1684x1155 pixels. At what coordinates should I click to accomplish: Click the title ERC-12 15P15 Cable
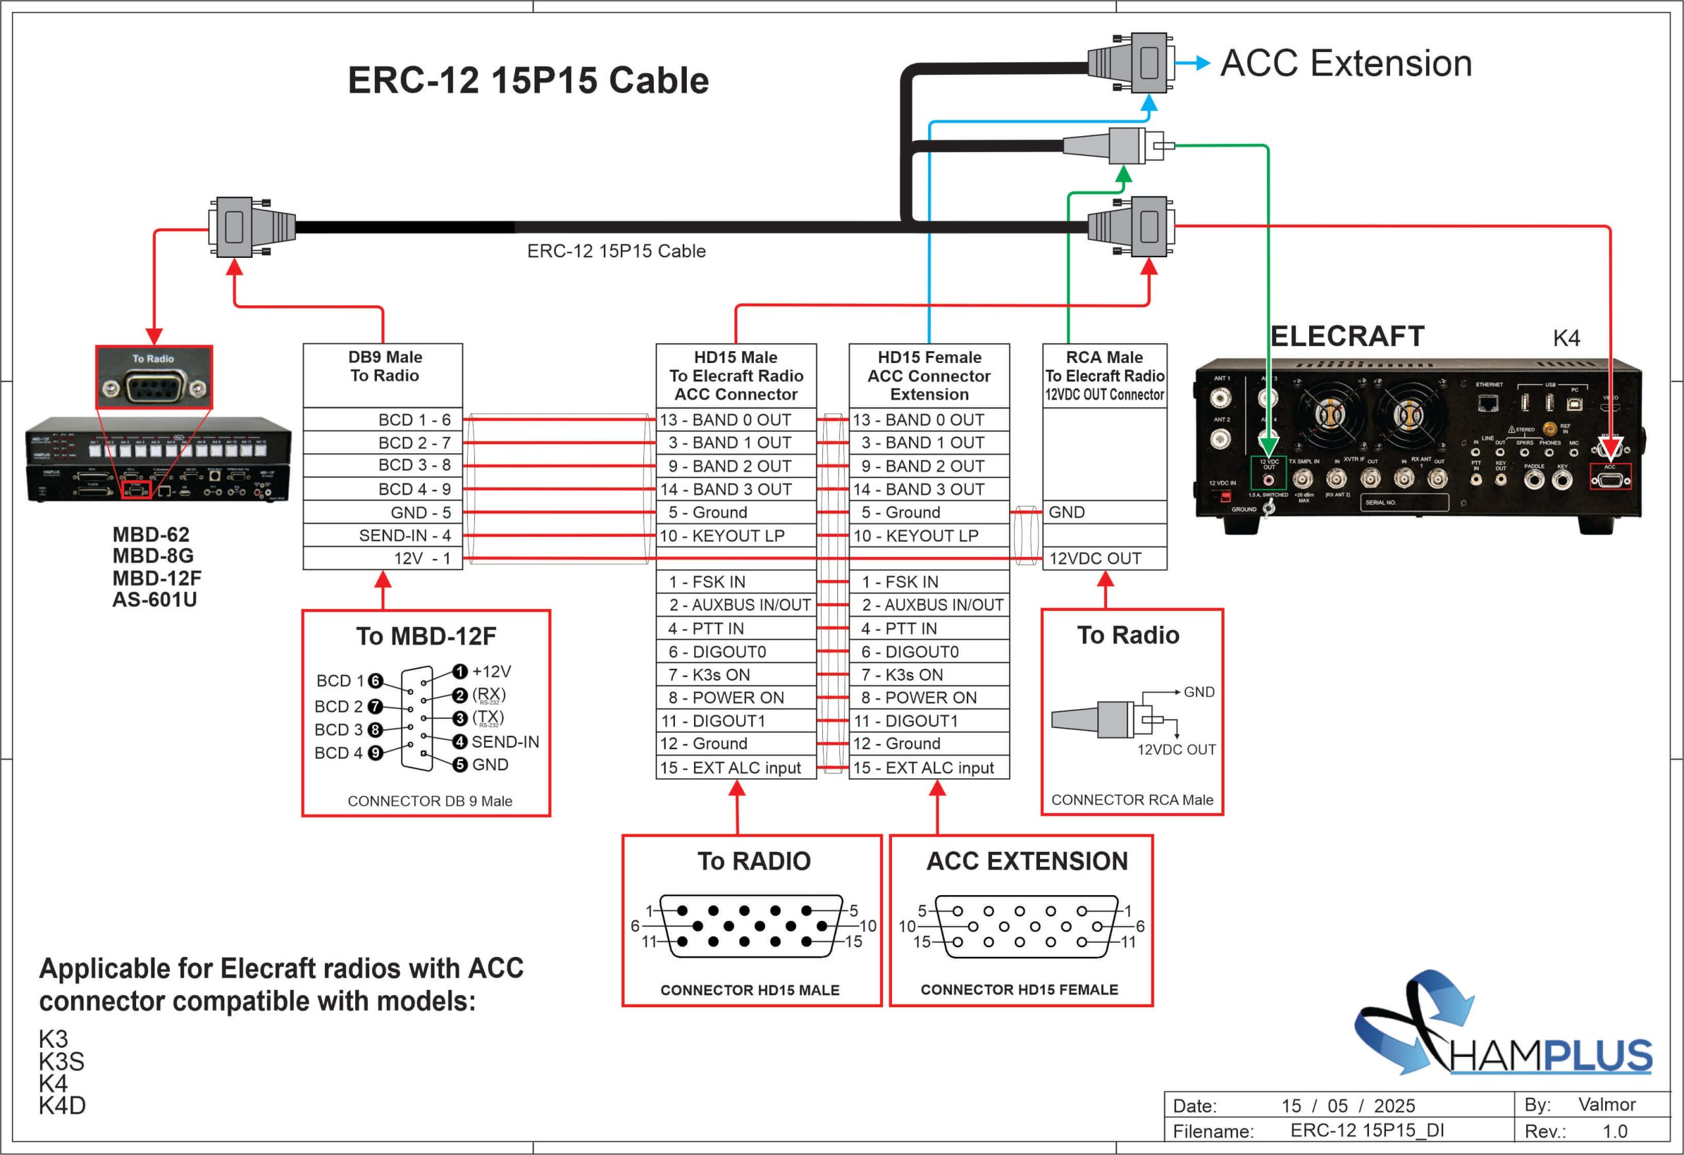(528, 80)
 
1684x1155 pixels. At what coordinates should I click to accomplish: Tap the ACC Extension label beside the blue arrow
(1346, 63)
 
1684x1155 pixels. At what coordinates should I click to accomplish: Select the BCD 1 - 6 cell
(414, 420)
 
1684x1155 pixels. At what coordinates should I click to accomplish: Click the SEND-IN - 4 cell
(405, 535)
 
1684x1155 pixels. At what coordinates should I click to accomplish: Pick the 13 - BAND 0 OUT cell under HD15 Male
(735, 420)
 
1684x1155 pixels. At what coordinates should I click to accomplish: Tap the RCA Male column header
(1104, 376)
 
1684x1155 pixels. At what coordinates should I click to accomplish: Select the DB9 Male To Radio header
(384, 366)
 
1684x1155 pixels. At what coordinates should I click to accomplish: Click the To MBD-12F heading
(426, 636)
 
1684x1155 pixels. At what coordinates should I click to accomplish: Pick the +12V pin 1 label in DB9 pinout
(491, 672)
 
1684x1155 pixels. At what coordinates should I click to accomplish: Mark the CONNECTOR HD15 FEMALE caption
(1019, 990)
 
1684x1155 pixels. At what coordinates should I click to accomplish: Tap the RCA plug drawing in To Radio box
(1101, 720)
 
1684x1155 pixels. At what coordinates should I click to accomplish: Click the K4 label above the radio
(1566, 337)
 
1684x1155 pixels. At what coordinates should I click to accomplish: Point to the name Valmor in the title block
(1606, 1104)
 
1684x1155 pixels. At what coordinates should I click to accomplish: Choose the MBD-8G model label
(153, 556)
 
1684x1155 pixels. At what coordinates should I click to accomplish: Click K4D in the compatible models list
(62, 1106)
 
